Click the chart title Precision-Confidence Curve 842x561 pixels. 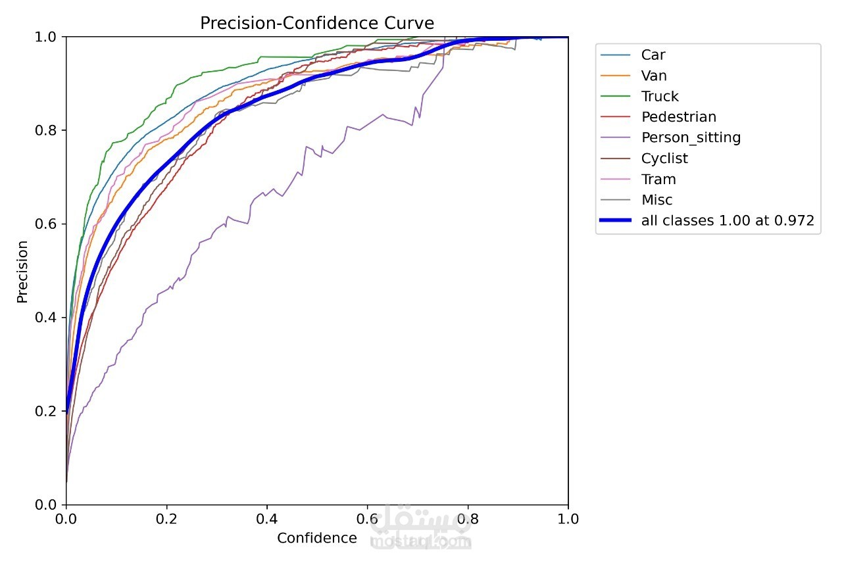(317, 23)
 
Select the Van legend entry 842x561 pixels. (654, 76)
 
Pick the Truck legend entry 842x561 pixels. (660, 97)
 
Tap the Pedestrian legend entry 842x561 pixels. (679, 117)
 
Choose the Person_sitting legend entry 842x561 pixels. (691, 137)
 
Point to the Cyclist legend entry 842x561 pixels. (664, 159)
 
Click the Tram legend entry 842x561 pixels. (658, 179)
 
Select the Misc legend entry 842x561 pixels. (656, 200)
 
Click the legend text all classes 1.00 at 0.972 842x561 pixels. (728, 221)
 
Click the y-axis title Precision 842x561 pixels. (23, 271)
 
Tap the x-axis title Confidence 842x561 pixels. (316, 538)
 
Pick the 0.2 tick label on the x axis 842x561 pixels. (166, 519)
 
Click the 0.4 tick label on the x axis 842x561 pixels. (267, 519)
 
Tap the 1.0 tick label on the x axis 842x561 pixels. (568, 519)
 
